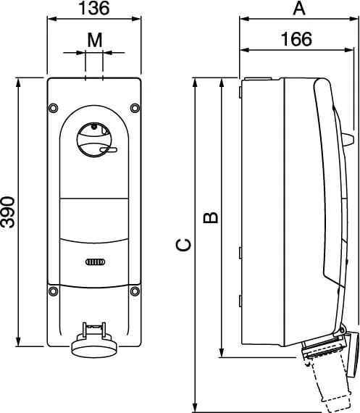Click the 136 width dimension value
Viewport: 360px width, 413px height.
(94, 8)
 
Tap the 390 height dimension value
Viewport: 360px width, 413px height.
(8, 212)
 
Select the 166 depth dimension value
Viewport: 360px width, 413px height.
(296, 39)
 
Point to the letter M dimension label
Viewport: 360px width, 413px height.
(95, 40)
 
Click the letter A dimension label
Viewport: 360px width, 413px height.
(299, 8)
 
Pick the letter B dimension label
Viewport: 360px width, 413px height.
(211, 217)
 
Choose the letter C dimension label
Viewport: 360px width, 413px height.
(183, 245)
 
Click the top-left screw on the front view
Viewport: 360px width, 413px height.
(54, 108)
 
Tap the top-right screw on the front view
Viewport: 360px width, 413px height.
(135, 108)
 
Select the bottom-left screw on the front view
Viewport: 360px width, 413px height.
(54, 291)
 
